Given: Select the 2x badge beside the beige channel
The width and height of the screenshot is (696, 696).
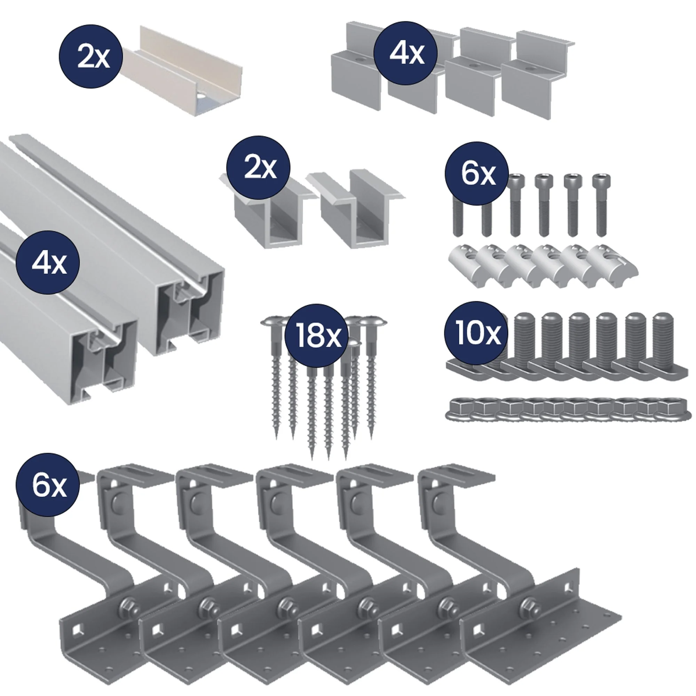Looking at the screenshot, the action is (91, 57).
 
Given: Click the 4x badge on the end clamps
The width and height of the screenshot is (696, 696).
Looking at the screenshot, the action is (406, 53).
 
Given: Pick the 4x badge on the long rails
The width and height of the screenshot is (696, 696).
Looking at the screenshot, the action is (48, 263).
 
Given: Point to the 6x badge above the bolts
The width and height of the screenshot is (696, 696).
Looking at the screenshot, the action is (477, 174).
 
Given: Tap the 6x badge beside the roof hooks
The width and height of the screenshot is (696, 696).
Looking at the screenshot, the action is (48, 485).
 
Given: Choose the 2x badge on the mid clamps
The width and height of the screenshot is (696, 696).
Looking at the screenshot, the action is (258, 167).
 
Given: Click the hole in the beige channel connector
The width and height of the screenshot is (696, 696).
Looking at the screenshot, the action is (200, 98).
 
